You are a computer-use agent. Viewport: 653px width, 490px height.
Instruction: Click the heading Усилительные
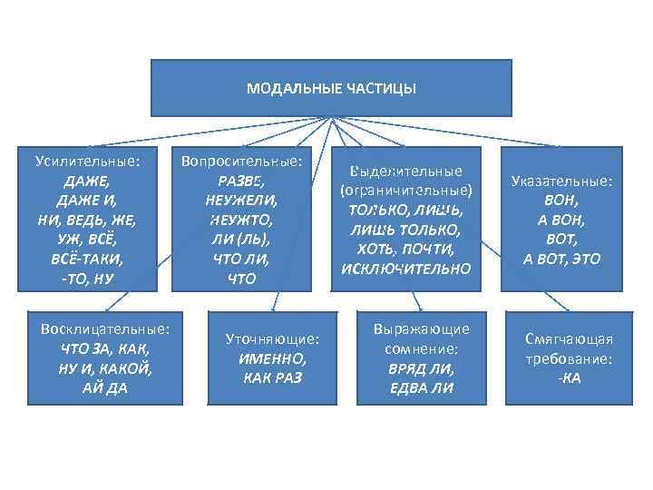pos(87,162)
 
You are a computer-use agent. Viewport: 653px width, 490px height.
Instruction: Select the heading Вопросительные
pos(242,162)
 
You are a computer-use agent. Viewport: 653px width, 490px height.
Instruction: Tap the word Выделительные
pos(405,171)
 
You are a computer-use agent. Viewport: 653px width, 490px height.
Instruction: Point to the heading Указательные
pos(561,181)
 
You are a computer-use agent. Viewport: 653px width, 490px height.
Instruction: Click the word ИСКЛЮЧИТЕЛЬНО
pos(405,269)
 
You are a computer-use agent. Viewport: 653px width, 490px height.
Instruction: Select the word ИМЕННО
pos(273,358)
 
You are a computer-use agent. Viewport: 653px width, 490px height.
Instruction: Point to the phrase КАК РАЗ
pos(273,377)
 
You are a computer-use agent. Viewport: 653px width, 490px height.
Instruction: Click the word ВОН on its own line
pos(561,200)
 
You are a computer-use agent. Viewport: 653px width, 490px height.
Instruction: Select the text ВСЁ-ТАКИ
pos(87,259)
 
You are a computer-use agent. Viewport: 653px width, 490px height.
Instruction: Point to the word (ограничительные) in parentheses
pos(405,191)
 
